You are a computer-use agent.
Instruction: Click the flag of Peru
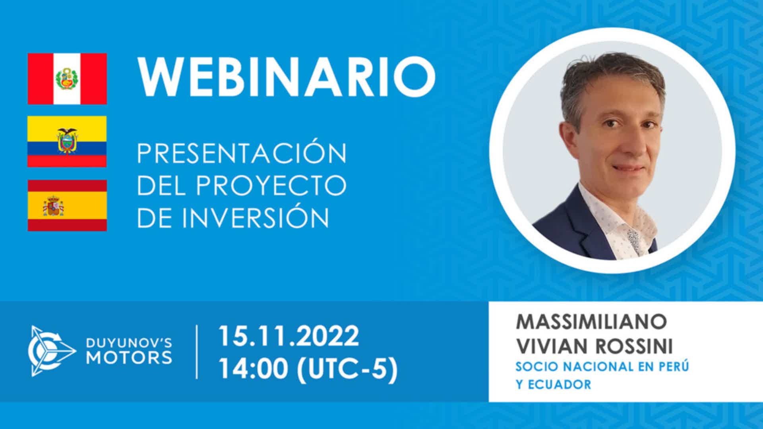(67, 79)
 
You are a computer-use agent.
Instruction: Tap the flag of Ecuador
(67, 141)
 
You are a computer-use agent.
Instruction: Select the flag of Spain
(67, 205)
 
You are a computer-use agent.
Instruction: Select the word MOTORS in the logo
(129, 357)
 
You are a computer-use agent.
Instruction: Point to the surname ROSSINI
(634, 346)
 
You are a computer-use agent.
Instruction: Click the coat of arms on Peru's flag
(67, 79)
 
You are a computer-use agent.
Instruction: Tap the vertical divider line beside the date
(197, 352)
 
